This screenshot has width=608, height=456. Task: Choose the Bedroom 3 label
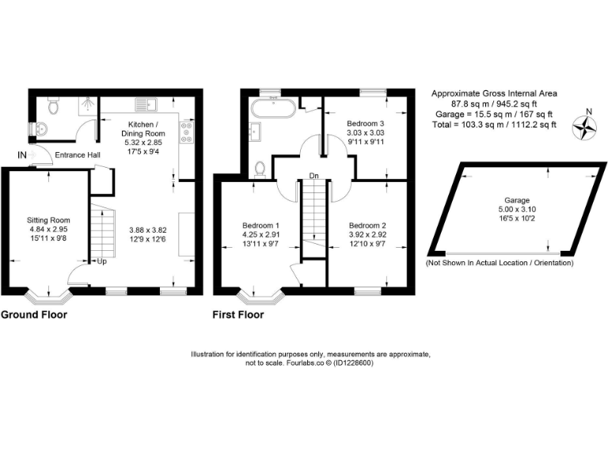(366, 124)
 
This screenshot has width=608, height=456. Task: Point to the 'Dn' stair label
(313, 177)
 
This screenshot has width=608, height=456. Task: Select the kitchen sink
(146, 104)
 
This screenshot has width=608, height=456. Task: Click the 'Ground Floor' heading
(33, 314)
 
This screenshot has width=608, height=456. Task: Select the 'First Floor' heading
(237, 314)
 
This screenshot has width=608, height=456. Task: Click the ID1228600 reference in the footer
(354, 363)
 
